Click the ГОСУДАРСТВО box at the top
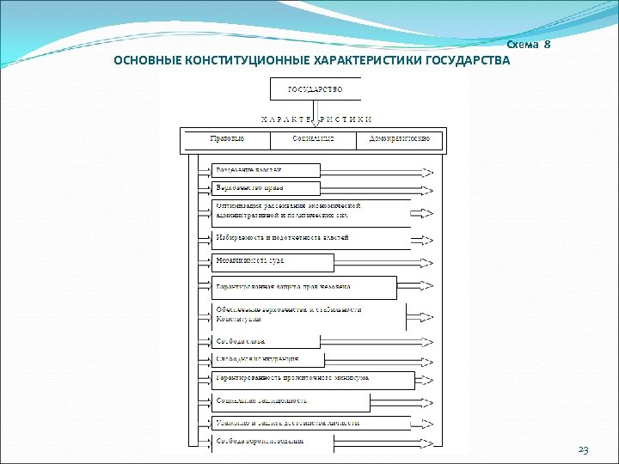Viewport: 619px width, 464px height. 316,89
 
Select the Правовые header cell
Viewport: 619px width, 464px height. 227,138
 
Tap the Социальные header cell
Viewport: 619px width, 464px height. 313,138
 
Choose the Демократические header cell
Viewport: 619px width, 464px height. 399,138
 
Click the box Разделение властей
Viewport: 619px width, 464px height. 266,170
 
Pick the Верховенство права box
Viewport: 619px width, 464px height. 266,188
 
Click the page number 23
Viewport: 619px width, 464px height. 584,450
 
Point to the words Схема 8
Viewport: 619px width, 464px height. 528,44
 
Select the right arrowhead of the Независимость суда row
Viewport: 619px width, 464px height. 430,261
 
